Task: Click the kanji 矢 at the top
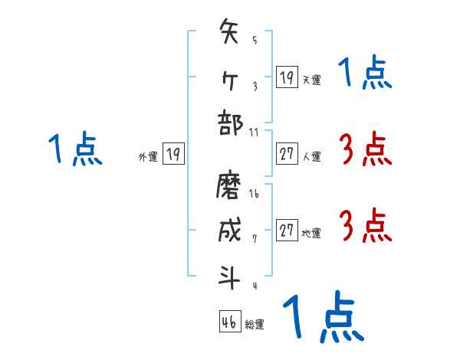230,34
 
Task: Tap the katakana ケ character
230,77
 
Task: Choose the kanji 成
230,230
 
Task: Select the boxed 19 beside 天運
287,77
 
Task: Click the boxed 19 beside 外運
173,154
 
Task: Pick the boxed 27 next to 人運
287,154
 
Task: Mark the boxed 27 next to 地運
287,231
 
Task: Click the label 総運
255,325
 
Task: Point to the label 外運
148,156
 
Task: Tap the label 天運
311,80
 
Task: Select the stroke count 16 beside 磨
255,194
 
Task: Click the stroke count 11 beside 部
255,131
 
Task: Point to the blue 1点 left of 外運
76,149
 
